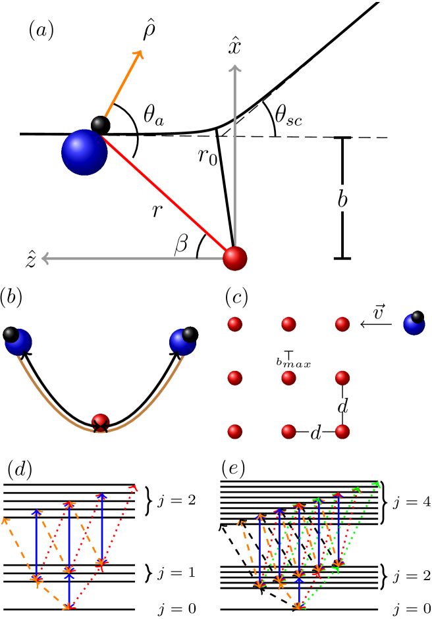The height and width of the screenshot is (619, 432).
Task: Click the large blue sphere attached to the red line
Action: (84, 153)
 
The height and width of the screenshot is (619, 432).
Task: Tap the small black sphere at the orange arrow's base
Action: (99, 123)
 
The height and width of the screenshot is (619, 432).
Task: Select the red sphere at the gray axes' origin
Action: (234, 259)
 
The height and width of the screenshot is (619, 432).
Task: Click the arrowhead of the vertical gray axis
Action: (234, 68)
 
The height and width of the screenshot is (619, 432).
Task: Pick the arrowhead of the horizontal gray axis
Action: (44, 258)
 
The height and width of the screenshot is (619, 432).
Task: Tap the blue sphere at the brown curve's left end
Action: (18, 342)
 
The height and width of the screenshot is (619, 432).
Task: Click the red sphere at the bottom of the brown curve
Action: (100, 422)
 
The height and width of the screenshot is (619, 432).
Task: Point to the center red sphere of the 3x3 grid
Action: (288, 378)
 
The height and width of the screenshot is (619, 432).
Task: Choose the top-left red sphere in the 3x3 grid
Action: (234, 324)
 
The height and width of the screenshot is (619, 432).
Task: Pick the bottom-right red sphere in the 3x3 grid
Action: (342, 432)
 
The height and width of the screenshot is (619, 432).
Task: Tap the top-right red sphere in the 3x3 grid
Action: (342, 324)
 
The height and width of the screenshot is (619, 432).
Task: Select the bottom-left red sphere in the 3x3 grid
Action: (234, 432)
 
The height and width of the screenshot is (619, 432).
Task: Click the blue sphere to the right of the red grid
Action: (414, 324)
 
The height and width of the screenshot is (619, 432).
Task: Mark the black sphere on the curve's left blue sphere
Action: (9, 334)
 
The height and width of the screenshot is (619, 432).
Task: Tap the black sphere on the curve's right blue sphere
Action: (188, 334)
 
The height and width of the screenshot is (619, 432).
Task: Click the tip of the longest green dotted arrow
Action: (377, 485)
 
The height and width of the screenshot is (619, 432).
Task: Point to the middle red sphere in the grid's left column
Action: (234, 378)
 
